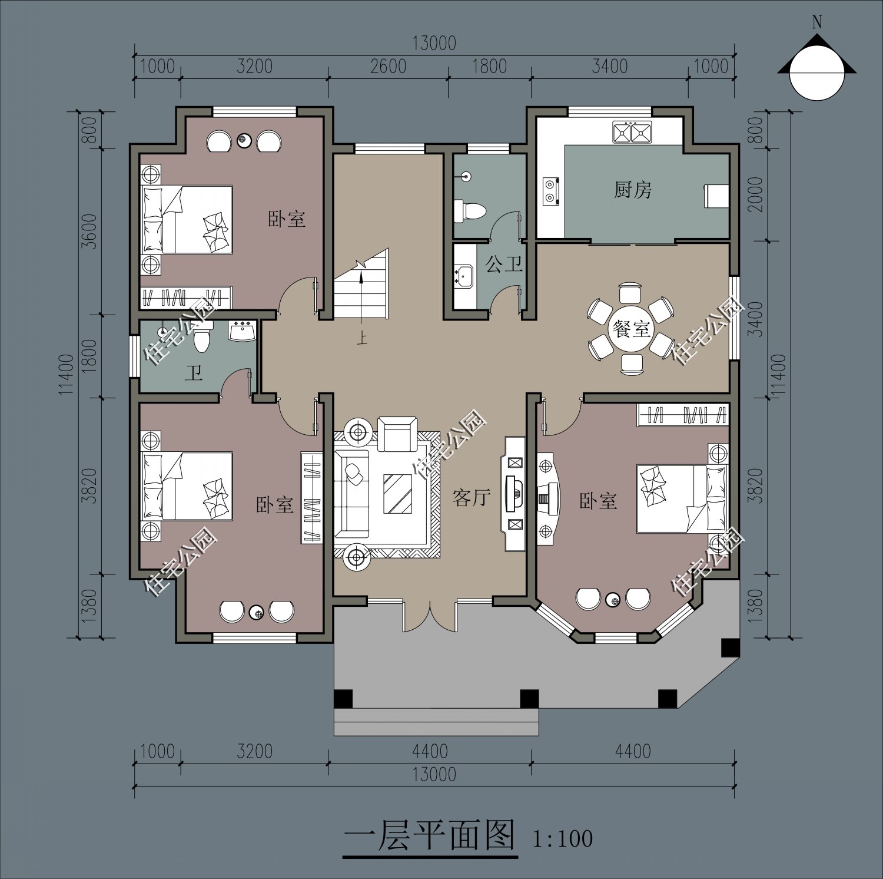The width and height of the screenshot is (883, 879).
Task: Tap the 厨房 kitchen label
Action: pyautogui.click(x=633, y=190)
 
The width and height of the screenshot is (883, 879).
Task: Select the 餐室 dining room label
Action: pyautogui.click(x=630, y=328)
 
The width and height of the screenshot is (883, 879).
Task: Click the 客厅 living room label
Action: pyautogui.click(x=472, y=498)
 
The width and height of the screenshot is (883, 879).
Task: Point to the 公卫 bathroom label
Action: pyautogui.click(x=504, y=264)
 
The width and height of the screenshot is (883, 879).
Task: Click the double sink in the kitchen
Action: pyautogui.click(x=632, y=132)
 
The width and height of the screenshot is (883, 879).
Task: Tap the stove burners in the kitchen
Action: pyautogui.click(x=550, y=191)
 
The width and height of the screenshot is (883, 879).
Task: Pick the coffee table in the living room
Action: pyautogui.click(x=397, y=493)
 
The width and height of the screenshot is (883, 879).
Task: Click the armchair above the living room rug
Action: pyautogui.click(x=397, y=434)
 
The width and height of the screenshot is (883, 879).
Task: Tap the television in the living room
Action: pyautogui.click(x=514, y=493)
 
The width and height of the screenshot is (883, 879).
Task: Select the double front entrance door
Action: pyautogui.click(x=430, y=616)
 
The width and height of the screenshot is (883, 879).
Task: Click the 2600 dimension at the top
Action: pyautogui.click(x=388, y=66)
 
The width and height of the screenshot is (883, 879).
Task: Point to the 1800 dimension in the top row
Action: pyautogui.click(x=489, y=66)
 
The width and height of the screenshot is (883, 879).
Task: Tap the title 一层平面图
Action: pyautogui.click(x=429, y=835)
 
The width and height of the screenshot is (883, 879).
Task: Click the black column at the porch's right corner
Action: pyautogui.click(x=731, y=647)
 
